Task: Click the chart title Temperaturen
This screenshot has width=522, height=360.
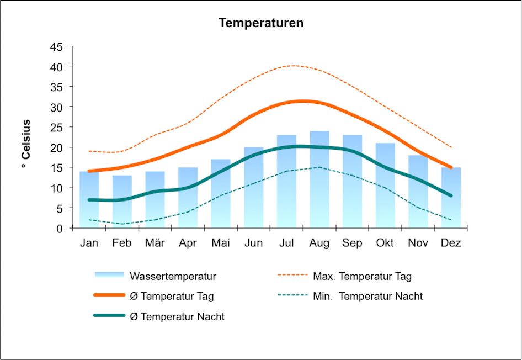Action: click(261, 23)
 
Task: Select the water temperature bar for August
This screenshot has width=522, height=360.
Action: click(319, 182)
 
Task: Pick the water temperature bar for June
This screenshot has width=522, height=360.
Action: click(254, 190)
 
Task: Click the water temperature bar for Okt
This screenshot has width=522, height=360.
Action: click(385, 188)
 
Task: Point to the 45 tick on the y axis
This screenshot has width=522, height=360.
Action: click(56, 46)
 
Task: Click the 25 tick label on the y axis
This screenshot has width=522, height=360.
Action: click(56, 127)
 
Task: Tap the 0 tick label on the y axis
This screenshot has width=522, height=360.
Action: click(60, 228)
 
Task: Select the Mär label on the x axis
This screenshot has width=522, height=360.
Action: click(155, 243)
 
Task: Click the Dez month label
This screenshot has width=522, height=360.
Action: click(451, 243)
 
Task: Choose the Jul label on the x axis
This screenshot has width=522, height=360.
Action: click(286, 243)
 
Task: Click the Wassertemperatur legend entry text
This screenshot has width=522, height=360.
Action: click(172, 276)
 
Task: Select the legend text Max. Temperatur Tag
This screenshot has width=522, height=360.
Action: click(362, 276)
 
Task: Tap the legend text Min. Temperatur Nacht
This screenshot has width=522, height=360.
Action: click(367, 297)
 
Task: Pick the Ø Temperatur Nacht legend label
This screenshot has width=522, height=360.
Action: click(177, 317)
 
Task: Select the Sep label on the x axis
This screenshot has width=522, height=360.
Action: click(352, 243)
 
